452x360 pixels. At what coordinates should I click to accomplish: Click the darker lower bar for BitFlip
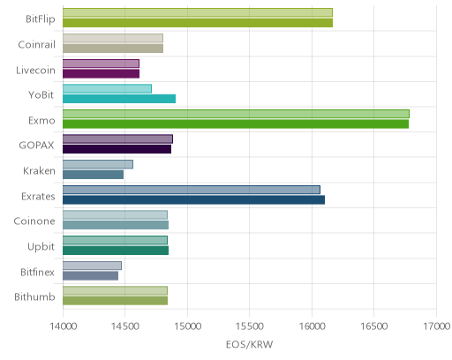198,23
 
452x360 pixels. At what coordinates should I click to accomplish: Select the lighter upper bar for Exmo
236,114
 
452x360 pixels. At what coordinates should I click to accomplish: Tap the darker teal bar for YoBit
119,99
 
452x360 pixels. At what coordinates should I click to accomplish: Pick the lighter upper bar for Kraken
98,164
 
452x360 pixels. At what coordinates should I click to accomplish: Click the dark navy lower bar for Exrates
193,200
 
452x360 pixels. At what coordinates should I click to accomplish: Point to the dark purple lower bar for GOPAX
117,149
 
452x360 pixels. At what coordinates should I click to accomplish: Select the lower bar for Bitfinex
90,276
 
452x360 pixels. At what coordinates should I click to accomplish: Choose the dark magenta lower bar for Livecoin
101,74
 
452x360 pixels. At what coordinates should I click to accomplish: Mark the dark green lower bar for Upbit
116,251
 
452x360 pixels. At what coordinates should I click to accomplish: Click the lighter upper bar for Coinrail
113,38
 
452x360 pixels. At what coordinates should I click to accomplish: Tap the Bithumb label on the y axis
34,297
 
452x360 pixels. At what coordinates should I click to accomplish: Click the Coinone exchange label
34,221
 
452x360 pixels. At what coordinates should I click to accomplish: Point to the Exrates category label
38,196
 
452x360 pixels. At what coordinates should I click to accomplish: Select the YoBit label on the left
41,95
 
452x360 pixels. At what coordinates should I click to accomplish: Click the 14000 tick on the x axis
64,326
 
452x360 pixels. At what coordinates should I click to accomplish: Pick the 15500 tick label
250,326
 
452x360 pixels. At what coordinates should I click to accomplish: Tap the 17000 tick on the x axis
437,326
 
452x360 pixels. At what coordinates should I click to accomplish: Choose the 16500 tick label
374,326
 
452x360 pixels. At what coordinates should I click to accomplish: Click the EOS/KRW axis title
250,344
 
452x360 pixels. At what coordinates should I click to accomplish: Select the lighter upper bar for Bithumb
115,291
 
